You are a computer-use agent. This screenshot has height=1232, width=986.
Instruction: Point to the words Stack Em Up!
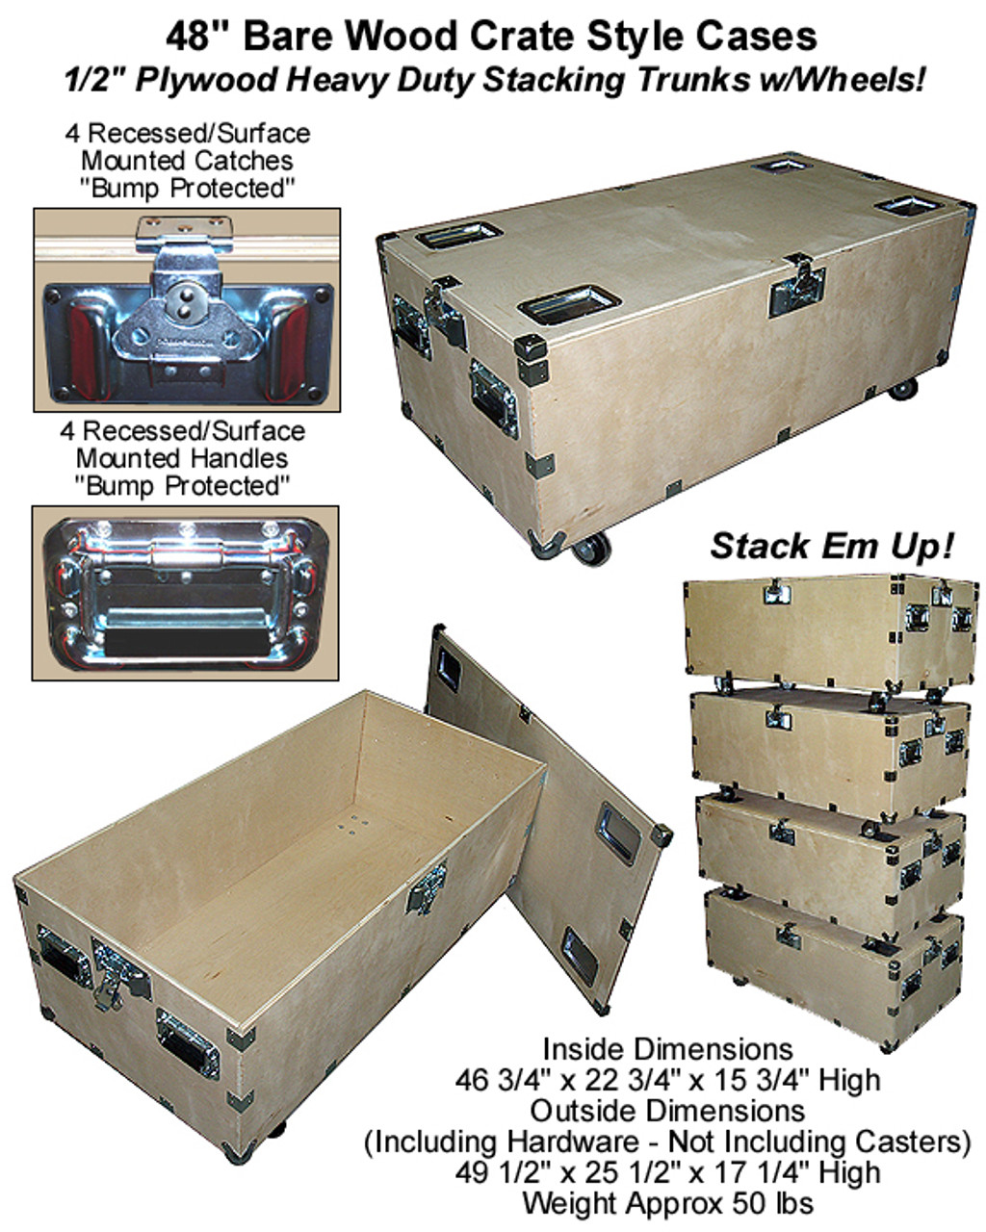click(x=832, y=546)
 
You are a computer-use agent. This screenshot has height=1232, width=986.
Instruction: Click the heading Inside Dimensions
click(x=667, y=1049)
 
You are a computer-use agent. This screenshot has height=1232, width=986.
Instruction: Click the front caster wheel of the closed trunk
click(x=591, y=551)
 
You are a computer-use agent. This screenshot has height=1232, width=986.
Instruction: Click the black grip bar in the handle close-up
click(x=187, y=644)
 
